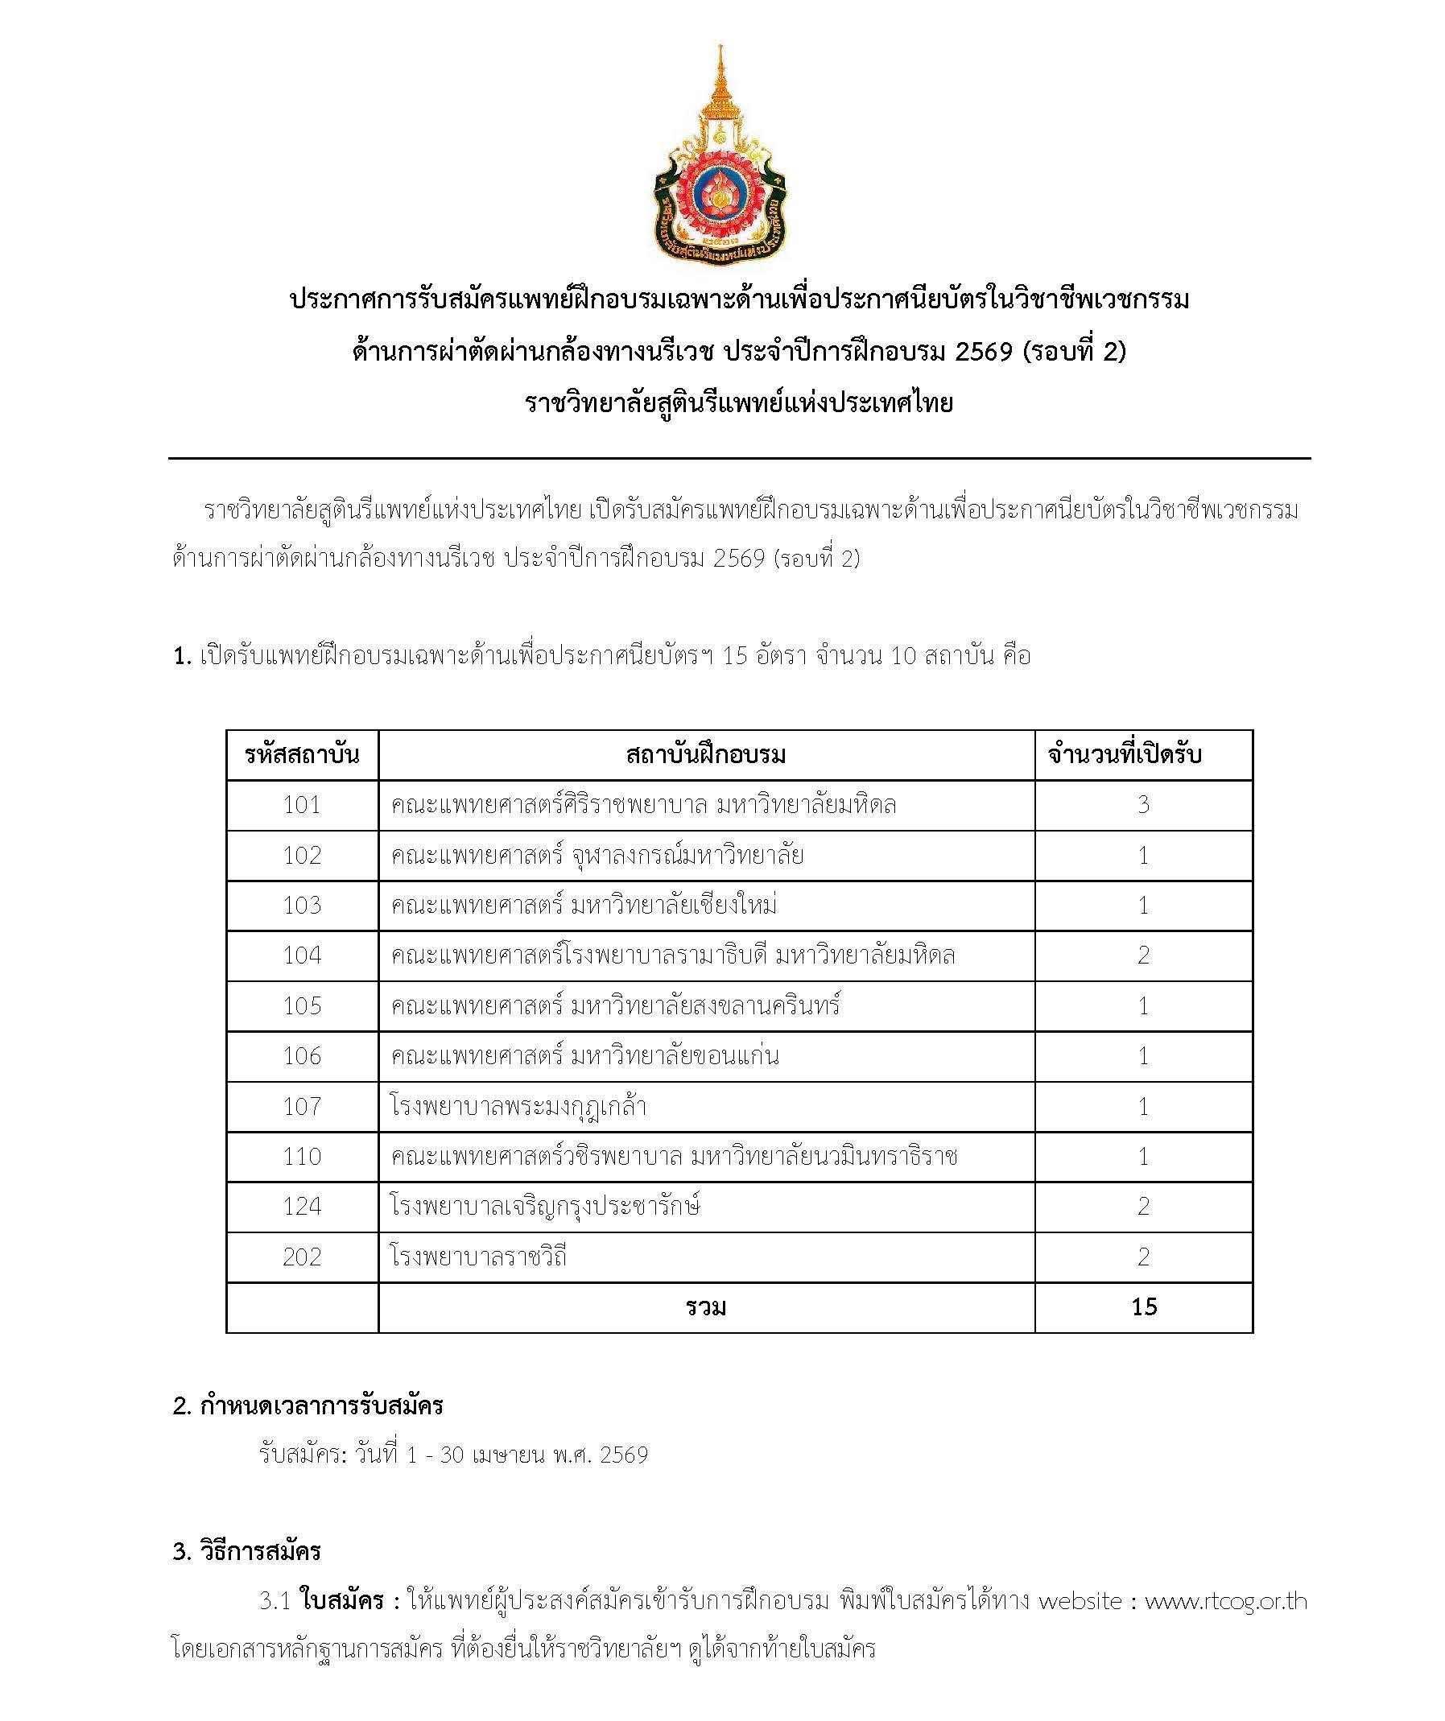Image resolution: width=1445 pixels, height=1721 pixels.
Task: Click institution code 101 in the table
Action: (x=302, y=805)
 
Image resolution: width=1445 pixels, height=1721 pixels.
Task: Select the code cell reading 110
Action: (x=302, y=1157)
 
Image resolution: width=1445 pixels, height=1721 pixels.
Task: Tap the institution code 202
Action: (x=302, y=1257)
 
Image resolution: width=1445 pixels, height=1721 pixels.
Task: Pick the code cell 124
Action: (x=302, y=1207)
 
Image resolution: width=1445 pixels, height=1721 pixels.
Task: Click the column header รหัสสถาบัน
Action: (x=302, y=755)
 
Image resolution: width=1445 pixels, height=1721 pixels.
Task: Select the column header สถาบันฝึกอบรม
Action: (x=706, y=755)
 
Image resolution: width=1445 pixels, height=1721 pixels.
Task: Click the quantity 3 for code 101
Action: (x=1143, y=805)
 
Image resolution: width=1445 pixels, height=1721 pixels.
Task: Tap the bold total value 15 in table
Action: (x=1143, y=1307)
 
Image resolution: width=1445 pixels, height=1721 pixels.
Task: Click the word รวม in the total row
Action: (x=706, y=1307)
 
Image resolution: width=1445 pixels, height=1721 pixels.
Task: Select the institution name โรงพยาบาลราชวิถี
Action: (x=479, y=1257)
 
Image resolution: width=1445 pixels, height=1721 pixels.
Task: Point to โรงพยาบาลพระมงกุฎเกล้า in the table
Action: (x=518, y=1106)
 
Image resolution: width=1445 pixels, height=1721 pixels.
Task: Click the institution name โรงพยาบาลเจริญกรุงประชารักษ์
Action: (x=545, y=1207)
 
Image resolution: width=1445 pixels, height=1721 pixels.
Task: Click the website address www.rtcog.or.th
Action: (x=1225, y=1601)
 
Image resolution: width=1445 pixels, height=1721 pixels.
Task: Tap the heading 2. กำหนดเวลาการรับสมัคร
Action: (x=308, y=1406)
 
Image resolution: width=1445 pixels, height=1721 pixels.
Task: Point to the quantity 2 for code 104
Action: (x=1143, y=955)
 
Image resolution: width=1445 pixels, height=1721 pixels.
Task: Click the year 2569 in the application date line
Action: (x=624, y=1455)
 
